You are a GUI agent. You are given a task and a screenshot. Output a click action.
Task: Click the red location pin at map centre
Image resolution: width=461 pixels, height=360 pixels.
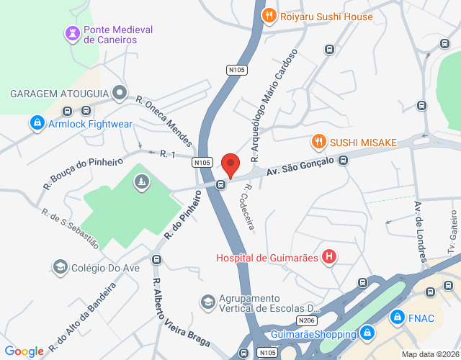(x=230, y=165)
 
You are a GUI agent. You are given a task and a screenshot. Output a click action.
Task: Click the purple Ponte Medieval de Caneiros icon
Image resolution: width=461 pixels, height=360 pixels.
(x=73, y=33)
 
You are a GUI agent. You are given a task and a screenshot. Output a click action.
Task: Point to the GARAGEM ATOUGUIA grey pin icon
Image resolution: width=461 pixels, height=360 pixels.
(x=120, y=94)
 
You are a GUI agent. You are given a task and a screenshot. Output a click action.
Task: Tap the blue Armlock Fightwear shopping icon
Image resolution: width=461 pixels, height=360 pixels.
(x=37, y=124)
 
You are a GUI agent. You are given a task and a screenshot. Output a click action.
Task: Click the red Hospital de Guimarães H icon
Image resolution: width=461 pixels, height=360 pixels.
(x=328, y=257)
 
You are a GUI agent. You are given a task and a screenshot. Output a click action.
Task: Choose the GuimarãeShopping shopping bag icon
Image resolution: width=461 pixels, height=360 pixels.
(x=367, y=333)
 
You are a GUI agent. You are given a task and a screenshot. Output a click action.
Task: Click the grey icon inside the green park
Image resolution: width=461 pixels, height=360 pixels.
(x=142, y=184)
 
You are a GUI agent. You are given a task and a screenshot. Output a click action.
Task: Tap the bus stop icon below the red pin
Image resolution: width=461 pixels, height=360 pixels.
(x=221, y=184)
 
